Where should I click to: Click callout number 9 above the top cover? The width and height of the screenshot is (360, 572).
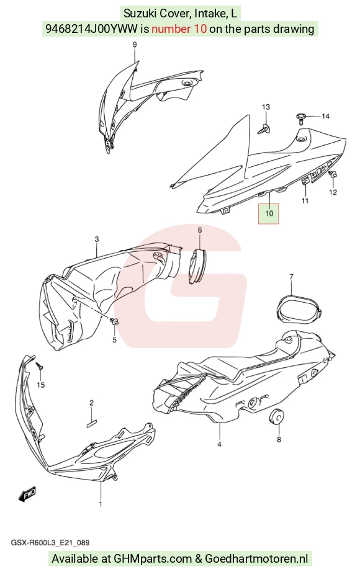click(x=134, y=45)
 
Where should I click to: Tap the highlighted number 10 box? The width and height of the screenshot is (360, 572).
click(x=269, y=213)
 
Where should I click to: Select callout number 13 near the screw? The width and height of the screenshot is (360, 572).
click(x=266, y=107)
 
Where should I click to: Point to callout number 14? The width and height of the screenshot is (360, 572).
click(x=325, y=117)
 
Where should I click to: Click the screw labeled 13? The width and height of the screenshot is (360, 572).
click(x=266, y=128)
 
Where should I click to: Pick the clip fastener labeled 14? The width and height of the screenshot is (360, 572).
click(x=301, y=117)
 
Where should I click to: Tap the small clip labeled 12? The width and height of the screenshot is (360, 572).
click(x=333, y=174)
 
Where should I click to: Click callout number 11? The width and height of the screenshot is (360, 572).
click(x=305, y=200)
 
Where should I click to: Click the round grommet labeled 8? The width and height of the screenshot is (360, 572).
click(x=276, y=416)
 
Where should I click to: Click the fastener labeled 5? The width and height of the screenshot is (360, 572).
click(x=115, y=321)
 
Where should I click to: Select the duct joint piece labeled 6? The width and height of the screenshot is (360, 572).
click(x=197, y=265)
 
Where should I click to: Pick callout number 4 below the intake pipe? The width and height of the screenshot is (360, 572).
click(x=219, y=444)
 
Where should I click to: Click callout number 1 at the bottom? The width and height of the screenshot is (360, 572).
click(x=101, y=504)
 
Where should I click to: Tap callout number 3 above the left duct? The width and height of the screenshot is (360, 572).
click(x=96, y=239)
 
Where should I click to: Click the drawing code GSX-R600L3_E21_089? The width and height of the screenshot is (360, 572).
click(x=50, y=543)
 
